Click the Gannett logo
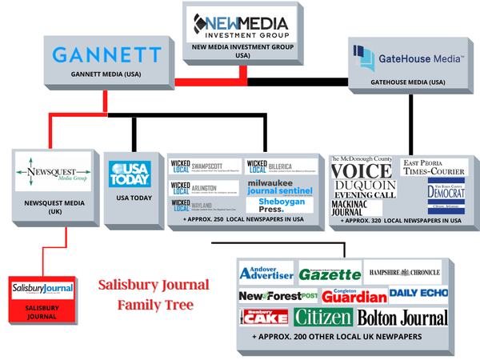coord(106,55)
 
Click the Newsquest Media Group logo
coord(52,169)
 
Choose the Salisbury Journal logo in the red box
coord(42,288)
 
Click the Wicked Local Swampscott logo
coord(202,166)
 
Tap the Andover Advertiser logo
coord(267,272)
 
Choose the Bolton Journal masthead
coord(402,318)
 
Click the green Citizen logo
coord(323,317)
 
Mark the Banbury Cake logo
coord(264,318)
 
